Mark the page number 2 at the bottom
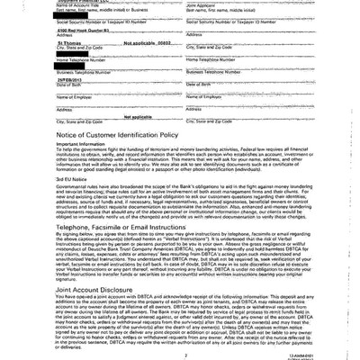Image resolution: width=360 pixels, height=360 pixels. pos(180,354)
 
